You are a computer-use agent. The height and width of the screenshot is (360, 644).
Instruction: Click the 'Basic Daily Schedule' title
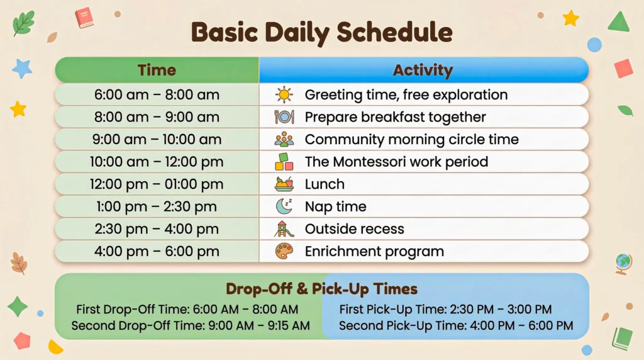click(321, 31)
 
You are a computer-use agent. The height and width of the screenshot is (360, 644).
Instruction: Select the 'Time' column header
click(157, 70)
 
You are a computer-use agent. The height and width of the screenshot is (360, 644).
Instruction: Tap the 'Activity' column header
click(423, 70)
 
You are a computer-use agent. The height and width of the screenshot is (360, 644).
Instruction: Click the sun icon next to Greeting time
click(284, 95)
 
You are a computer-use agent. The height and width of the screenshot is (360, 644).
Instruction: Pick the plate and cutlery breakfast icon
click(284, 117)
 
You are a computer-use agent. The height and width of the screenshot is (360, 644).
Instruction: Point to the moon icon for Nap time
click(284, 206)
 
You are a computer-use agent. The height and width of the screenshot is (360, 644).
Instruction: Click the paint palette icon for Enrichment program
click(284, 252)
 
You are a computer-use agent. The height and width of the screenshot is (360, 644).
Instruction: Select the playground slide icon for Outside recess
click(284, 229)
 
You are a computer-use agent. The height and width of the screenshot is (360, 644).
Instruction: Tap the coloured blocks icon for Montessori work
click(284, 162)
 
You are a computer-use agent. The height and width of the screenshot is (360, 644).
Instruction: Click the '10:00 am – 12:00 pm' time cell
click(157, 162)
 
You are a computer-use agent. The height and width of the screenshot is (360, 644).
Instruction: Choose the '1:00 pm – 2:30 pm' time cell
click(157, 206)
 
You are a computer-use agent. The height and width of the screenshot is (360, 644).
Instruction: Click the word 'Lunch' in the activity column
click(325, 184)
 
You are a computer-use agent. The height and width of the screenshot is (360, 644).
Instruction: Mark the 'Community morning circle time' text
click(411, 140)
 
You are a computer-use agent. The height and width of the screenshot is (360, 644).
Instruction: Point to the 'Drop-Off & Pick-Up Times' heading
click(321, 289)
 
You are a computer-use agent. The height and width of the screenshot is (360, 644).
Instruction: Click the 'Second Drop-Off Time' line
click(191, 326)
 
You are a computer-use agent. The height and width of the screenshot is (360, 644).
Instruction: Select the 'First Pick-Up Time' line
click(445, 310)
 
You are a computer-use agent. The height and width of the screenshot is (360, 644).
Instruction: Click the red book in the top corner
click(84, 17)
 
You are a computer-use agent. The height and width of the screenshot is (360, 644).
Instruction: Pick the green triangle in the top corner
click(619, 22)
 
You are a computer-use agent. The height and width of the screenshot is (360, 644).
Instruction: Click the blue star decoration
click(22, 68)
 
